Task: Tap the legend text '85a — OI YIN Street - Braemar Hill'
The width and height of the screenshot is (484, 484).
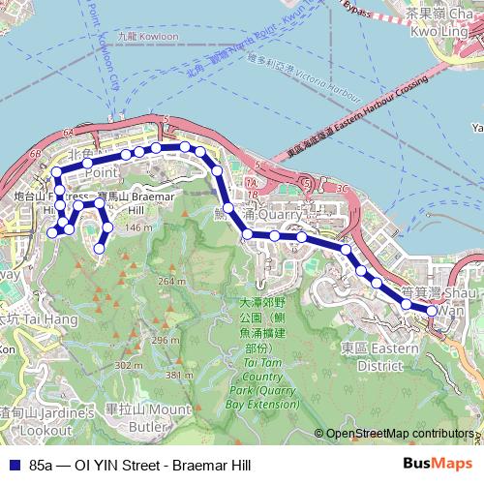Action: (139, 466)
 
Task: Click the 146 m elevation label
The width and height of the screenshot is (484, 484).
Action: (138, 227)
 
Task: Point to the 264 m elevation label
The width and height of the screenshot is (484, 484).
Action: (172, 281)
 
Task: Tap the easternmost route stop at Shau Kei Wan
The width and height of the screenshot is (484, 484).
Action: (432, 311)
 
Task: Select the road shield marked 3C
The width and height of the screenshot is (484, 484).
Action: (341, 187)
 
